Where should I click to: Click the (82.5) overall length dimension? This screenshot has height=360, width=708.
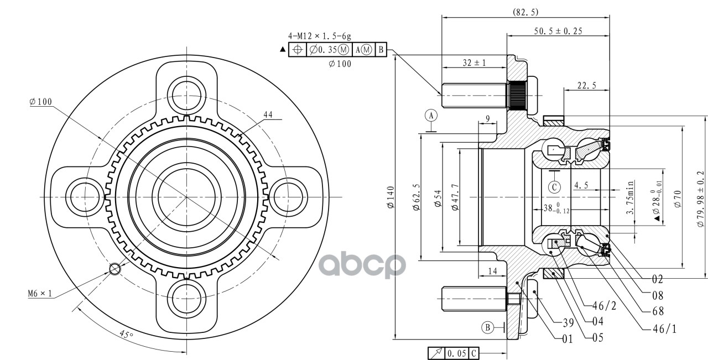pos(525,12)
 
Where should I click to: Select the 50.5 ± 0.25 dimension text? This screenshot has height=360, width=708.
pos(558,31)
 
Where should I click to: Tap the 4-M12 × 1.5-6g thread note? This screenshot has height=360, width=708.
pos(320,36)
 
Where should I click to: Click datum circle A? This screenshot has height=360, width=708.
pos(431,116)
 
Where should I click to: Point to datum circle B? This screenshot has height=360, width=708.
pos(488,327)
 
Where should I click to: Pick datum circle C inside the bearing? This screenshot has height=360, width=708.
pos(554,187)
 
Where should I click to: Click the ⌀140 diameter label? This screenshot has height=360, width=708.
pos(391,197)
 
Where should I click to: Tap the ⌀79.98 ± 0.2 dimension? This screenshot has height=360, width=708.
pos(700,199)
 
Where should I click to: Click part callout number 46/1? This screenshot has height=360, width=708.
pos(664,329)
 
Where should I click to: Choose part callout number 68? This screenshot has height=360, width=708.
pos(658,311)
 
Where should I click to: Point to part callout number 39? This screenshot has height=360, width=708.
pos(568,323)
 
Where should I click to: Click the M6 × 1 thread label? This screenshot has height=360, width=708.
pos(40,294)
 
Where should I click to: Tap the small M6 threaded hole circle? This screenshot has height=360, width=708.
pos(114,269)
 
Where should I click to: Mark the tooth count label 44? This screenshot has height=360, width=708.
pos(268,114)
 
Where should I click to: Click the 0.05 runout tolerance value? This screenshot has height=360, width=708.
pos(457,353)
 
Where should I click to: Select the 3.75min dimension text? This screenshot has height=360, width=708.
pos(631,197)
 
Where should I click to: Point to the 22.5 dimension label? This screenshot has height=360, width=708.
pos(587,85)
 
